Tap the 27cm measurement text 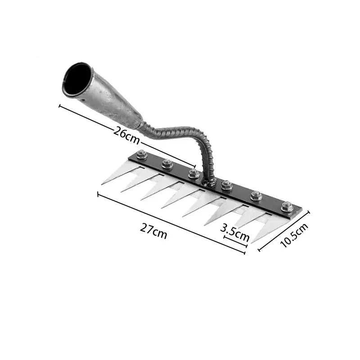click(153, 231)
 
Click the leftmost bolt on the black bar click(142, 155)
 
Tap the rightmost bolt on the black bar click(287, 207)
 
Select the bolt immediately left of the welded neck click(193, 173)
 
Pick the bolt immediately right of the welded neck click(227, 185)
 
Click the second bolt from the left click(167, 164)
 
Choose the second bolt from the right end click(256, 196)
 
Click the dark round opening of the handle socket click(77, 79)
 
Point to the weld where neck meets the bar click(209, 183)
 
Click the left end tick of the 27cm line click(98, 194)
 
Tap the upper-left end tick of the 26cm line click(59, 106)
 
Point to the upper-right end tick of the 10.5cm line click(309, 212)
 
